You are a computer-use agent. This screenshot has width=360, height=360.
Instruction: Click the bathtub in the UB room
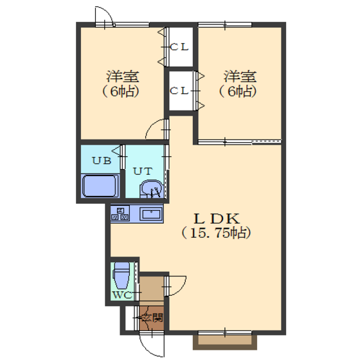point(100,186)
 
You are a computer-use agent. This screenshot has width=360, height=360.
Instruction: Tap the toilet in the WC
point(122,276)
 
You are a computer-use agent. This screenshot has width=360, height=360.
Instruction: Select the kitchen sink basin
point(151,214)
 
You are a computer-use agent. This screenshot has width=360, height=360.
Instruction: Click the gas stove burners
point(120,213)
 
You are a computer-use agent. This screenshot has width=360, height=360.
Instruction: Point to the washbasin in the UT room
point(152,189)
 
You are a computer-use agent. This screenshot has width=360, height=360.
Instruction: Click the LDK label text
point(217,219)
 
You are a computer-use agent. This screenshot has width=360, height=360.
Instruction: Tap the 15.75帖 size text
point(216,233)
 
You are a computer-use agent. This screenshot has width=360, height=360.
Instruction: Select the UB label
point(102,161)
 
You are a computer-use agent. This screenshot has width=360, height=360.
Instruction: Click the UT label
point(143,171)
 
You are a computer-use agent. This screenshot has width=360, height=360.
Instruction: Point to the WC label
point(123,295)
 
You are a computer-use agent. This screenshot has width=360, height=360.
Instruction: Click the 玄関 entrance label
point(152,318)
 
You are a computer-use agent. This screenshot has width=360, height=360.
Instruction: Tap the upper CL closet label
point(179,47)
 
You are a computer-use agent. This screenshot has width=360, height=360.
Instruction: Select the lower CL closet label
point(179,91)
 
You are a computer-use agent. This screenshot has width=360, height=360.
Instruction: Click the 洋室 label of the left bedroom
point(122,76)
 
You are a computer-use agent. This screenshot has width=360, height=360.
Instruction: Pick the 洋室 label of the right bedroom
point(240,76)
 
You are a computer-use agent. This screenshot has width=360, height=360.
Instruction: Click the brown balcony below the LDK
point(225,342)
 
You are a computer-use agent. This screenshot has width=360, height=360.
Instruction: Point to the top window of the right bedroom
point(225,24)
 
